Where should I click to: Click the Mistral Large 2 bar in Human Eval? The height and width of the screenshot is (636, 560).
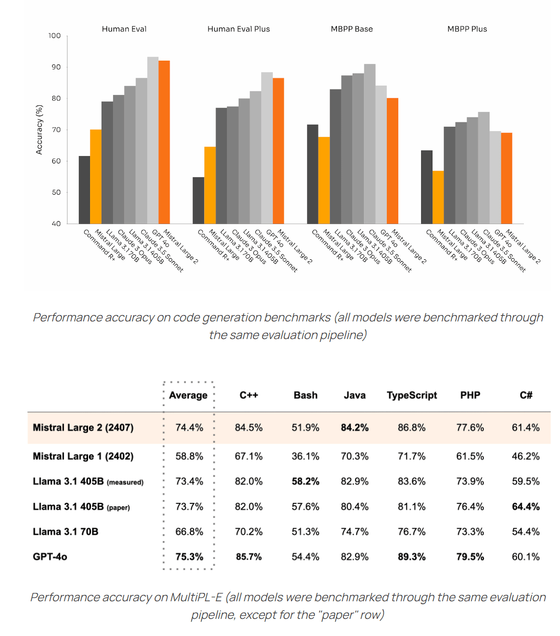pyautogui.click(x=164, y=142)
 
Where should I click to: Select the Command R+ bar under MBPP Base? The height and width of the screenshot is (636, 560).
pyautogui.click(x=313, y=174)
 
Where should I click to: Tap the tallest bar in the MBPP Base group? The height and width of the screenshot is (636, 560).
pyautogui.click(x=370, y=144)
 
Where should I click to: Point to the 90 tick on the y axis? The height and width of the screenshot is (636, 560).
pyautogui.click(x=56, y=67)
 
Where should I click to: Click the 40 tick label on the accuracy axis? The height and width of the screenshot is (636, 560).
pyautogui.click(x=56, y=224)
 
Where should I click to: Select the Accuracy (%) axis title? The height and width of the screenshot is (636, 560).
pyautogui.click(x=39, y=130)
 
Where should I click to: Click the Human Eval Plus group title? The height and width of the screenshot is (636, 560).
pyautogui.click(x=239, y=29)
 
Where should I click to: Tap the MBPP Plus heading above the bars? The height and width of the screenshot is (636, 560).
pyautogui.click(x=467, y=29)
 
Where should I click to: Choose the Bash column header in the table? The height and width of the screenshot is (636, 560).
pyautogui.click(x=306, y=395)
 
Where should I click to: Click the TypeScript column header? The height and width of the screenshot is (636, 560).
pyautogui.click(x=412, y=395)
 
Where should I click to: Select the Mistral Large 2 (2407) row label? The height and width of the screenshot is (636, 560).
pyautogui.click(x=83, y=428)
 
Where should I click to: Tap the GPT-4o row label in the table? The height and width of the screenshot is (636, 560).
pyautogui.click(x=50, y=557)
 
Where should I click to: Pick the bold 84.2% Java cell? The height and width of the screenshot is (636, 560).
pyautogui.click(x=355, y=428)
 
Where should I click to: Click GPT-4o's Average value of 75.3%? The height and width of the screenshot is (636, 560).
pyautogui.click(x=189, y=557)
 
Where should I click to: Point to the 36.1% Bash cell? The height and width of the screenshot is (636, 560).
pyautogui.click(x=306, y=456)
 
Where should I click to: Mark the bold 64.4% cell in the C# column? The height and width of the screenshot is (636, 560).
pyautogui.click(x=526, y=507)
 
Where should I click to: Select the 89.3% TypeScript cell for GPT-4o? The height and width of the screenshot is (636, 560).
pyautogui.click(x=412, y=557)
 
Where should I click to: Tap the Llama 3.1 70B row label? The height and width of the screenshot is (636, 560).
pyautogui.click(x=66, y=532)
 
